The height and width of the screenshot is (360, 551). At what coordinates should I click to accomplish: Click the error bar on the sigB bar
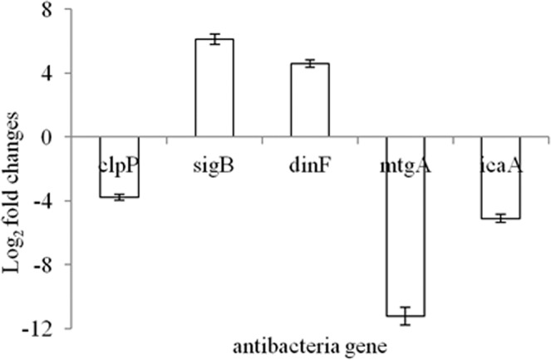click(x=214, y=38)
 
